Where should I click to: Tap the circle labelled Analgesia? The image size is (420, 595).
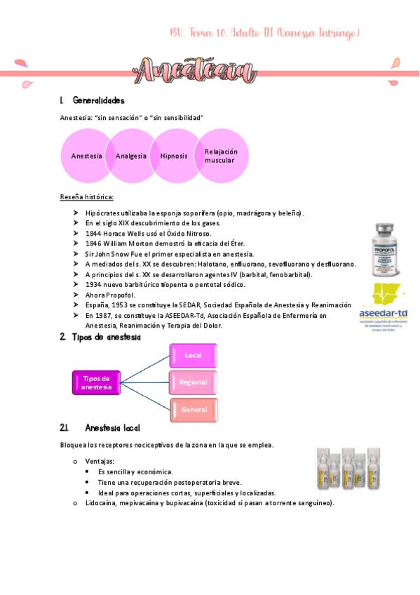(131, 156)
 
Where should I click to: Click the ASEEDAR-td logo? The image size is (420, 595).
(385, 304)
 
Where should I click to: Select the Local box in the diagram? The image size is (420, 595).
(194, 356)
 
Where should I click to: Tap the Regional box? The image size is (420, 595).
(194, 382)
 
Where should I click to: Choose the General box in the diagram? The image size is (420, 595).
(194, 409)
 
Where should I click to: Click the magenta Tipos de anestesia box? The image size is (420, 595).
(96, 382)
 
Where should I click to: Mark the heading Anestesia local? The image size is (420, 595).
(111, 427)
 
